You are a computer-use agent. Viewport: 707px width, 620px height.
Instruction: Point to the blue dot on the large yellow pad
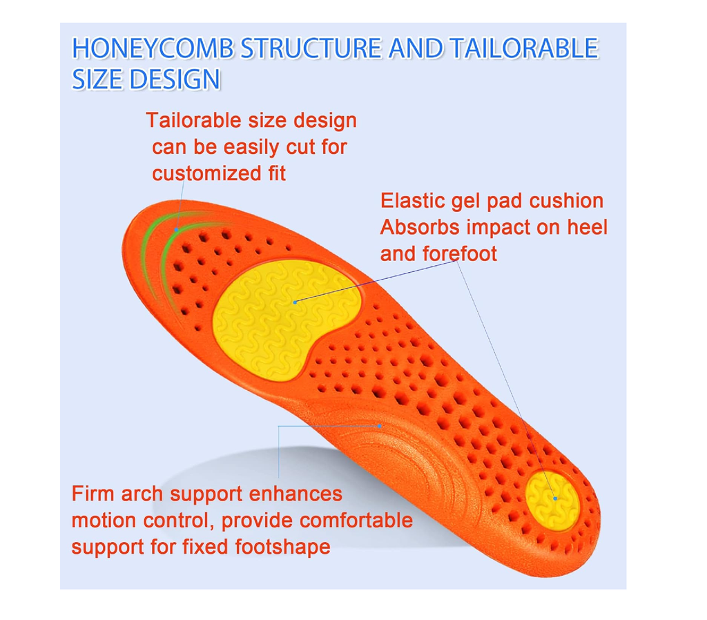(295, 302)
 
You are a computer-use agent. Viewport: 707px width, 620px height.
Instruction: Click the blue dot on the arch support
(380, 426)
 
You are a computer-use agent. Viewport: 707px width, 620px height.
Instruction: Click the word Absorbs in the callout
(420, 227)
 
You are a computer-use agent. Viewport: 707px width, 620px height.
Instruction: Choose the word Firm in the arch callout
(94, 494)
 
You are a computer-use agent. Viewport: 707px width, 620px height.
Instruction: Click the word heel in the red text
(588, 227)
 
